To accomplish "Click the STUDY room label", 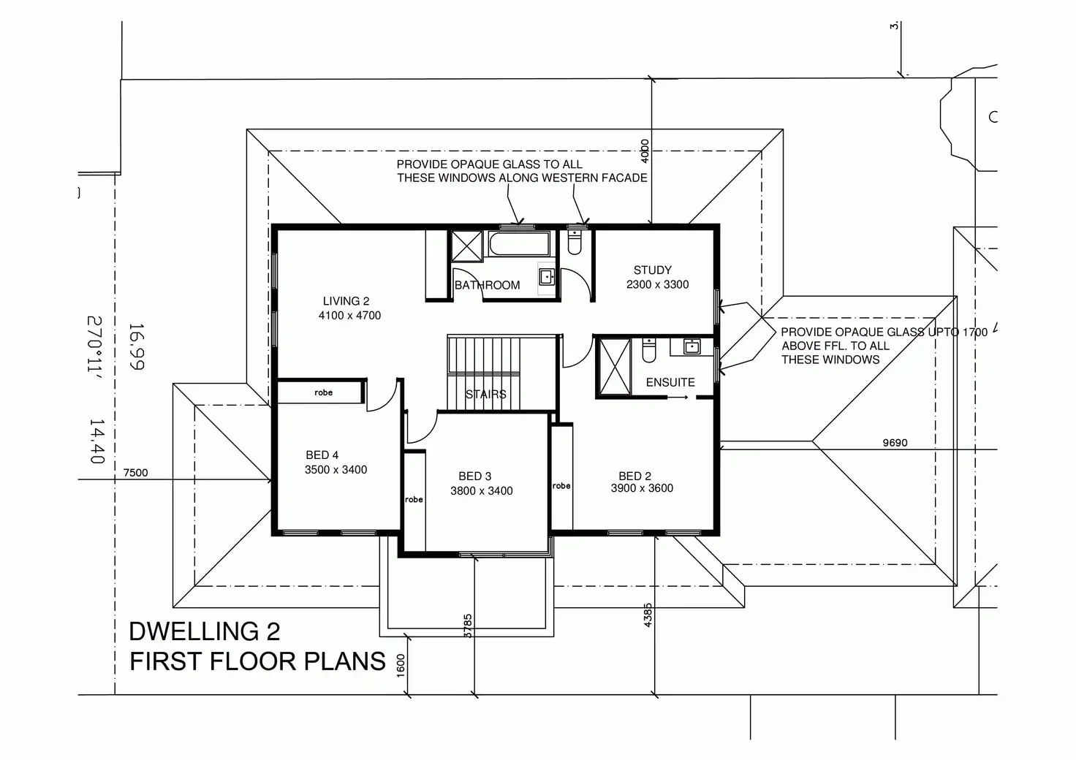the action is [652, 270].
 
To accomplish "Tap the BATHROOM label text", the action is [487, 285].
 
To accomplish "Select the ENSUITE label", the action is [670, 382].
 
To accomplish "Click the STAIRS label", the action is [485, 394].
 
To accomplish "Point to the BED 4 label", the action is [322, 455].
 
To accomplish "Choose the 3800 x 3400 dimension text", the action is [481, 490].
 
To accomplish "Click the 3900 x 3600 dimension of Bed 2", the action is [642, 487].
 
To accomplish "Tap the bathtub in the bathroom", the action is [519, 244].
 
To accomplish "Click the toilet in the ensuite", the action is [649, 350].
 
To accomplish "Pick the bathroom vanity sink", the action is [546, 277].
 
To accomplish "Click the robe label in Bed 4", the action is [323, 392].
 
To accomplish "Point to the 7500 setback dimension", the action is [135, 472].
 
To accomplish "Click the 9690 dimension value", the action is [895, 443].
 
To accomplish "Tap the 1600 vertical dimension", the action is [401, 666].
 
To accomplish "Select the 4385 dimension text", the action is [648, 615].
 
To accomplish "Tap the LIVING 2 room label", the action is [346, 301].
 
